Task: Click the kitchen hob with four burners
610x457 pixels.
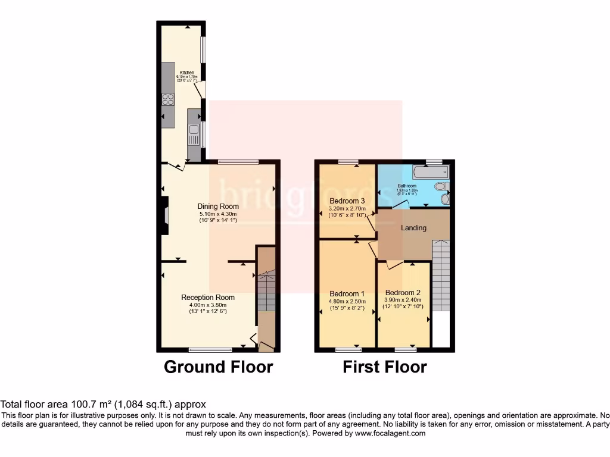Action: pyautogui.click(x=168, y=99)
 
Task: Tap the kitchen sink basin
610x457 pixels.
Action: pyautogui.click(x=194, y=134)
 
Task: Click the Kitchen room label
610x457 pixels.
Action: pyautogui.click(x=187, y=73)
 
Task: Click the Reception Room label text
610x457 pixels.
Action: pyautogui.click(x=208, y=297)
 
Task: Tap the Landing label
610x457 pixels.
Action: pyautogui.click(x=413, y=228)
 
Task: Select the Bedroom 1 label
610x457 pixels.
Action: pyautogui.click(x=347, y=293)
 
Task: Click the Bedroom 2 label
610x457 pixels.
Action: pyautogui.click(x=403, y=293)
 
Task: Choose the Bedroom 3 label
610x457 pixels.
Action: pyautogui.click(x=347, y=201)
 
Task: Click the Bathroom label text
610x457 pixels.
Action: pyautogui.click(x=407, y=186)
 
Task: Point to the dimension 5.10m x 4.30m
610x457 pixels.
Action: pyautogui.click(x=217, y=214)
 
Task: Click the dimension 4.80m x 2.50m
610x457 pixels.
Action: pyautogui.click(x=347, y=302)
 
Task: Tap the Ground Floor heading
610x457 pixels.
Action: pyautogui.click(x=218, y=367)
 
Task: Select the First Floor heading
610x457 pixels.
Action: pyautogui.click(x=384, y=367)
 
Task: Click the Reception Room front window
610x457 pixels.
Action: pyautogui.click(x=210, y=349)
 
